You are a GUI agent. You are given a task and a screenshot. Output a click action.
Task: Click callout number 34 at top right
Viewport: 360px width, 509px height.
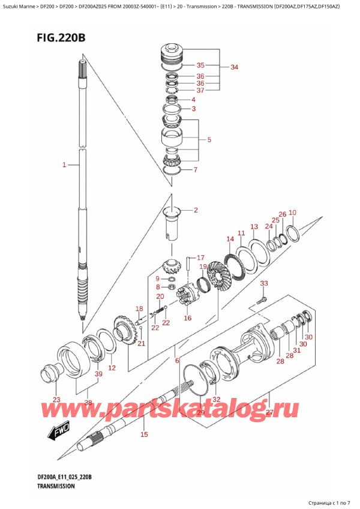(x=234, y=67)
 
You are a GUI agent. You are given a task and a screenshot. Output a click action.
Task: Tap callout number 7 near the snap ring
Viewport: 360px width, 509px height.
(x=193, y=170)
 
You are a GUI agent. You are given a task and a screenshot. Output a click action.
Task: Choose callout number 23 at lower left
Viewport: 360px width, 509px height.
(x=56, y=399)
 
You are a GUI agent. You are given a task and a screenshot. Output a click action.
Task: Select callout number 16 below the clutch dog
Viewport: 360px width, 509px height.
(x=187, y=318)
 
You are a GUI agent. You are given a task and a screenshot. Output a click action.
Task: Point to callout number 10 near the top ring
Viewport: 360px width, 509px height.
(x=292, y=212)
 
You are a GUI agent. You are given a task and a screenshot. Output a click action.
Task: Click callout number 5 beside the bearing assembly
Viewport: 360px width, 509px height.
(x=208, y=140)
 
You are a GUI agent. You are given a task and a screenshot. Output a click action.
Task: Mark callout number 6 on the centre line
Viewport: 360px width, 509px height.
(x=177, y=361)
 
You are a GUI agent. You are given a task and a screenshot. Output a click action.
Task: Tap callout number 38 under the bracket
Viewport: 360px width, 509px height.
(x=88, y=403)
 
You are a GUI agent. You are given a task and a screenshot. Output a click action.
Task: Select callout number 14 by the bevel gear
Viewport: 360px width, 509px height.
(x=230, y=239)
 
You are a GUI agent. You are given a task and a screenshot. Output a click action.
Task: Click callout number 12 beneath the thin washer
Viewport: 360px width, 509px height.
(x=112, y=367)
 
